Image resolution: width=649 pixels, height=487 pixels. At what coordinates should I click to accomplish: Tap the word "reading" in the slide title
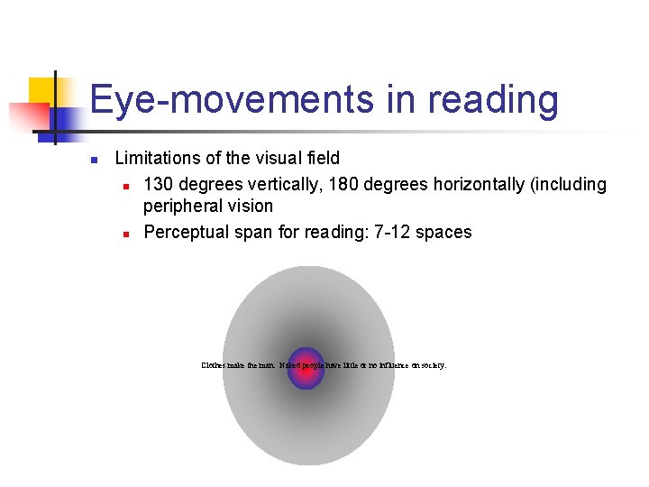click(493, 100)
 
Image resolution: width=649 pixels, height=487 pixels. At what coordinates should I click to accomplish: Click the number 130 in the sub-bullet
click(159, 184)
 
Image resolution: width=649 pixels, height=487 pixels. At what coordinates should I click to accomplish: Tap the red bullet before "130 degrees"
click(127, 186)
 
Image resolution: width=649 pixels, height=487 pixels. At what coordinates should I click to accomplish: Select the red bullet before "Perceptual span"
click(127, 234)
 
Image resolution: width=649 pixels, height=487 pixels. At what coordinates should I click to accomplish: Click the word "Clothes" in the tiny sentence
click(214, 365)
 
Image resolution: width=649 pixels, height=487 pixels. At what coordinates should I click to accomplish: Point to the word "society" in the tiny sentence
click(431, 365)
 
